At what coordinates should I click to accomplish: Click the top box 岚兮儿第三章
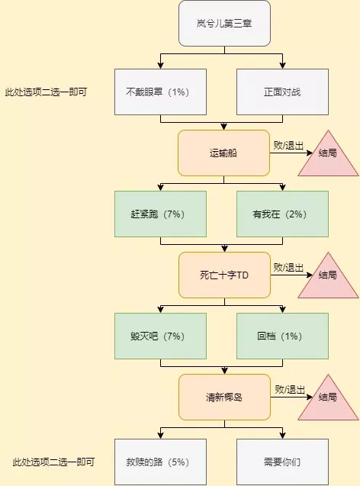(224, 24)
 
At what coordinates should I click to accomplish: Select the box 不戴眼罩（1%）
(160, 92)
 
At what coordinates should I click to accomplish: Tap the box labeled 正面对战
(282, 92)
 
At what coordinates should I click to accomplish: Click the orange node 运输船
(223, 153)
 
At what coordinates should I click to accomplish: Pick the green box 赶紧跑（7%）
(160, 214)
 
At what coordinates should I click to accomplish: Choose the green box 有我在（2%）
(282, 214)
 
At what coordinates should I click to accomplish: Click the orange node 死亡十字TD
(224, 275)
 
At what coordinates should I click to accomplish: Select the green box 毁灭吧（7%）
(160, 336)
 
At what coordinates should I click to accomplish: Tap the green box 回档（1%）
(282, 336)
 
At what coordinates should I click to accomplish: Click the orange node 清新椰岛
(224, 397)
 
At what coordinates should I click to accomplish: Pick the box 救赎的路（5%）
(160, 462)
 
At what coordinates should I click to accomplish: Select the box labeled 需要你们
(282, 462)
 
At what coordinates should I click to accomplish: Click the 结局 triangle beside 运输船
(328, 158)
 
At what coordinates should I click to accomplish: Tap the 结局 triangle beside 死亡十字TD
(328, 280)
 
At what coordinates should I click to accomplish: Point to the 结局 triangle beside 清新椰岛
(328, 402)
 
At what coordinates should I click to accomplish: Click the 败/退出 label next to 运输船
(288, 146)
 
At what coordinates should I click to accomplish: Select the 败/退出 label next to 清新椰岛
(290, 390)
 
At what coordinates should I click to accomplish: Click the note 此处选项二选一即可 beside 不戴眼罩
(47, 92)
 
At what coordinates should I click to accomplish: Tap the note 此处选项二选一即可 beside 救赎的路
(53, 462)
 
